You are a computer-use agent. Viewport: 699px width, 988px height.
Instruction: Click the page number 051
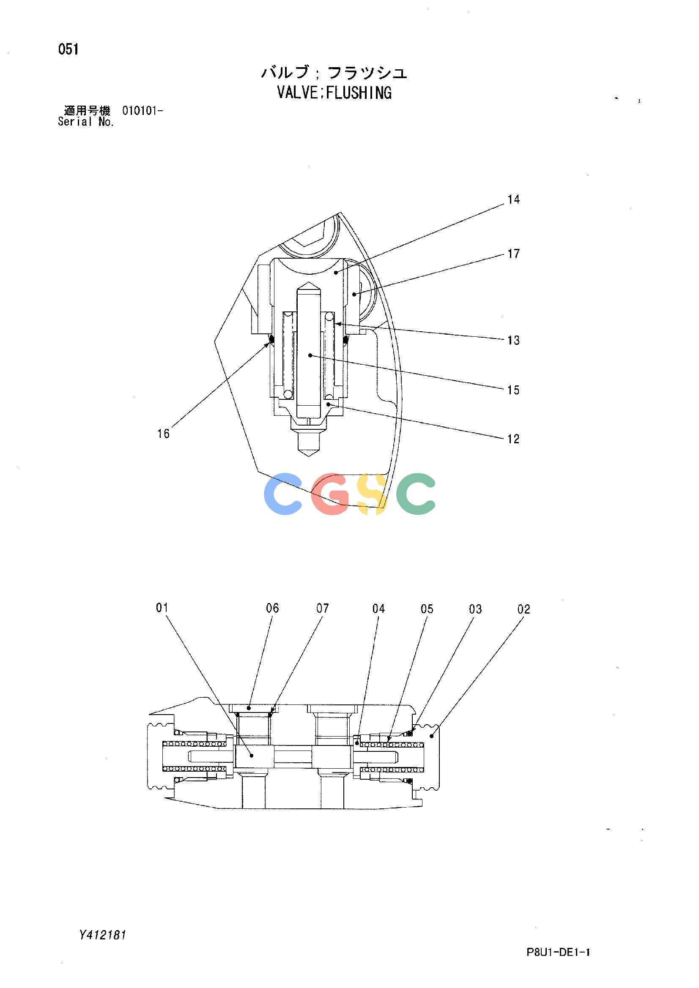pyautogui.click(x=69, y=50)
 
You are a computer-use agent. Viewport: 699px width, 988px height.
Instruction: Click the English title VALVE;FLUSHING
pyautogui.click(x=334, y=93)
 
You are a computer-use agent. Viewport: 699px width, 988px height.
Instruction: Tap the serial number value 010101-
pyautogui.click(x=143, y=111)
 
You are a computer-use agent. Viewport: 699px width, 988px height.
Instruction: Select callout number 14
pyautogui.click(x=514, y=199)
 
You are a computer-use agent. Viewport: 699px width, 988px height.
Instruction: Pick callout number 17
pyautogui.click(x=514, y=254)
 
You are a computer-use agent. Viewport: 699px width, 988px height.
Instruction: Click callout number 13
pyautogui.click(x=514, y=340)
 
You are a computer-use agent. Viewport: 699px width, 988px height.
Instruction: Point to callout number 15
pyautogui.click(x=514, y=390)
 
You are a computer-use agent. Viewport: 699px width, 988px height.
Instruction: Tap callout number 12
pyautogui.click(x=514, y=439)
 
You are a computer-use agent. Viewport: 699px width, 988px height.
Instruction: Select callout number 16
pyautogui.click(x=164, y=434)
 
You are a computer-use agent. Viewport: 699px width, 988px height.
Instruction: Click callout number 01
pyautogui.click(x=162, y=608)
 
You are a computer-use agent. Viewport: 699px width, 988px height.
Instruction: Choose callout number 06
pyautogui.click(x=273, y=608)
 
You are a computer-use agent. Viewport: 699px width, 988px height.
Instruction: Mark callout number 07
pyautogui.click(x=323, y=608)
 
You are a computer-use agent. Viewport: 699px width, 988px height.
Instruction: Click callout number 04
pyautogui.click(x=378, y=609)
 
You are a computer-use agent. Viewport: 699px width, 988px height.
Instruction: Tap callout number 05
pyautogui.click(x=427, y=609)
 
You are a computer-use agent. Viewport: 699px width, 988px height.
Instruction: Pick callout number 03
pyautogui.click(x=475, y=609)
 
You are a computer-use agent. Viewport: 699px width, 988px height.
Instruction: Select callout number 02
pyautogui.click(x=524, y=609)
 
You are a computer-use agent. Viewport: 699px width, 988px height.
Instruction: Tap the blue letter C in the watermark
pyautogui.click(x=283, y=494)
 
